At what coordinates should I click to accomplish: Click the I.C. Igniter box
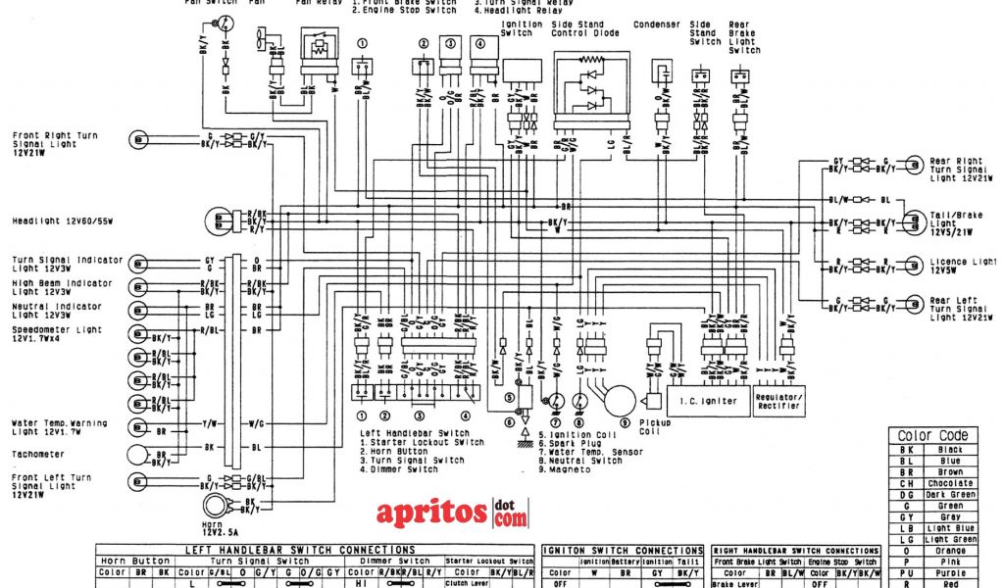pyautogui.click(x=708, y=400)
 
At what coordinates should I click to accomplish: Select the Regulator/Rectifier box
pyautogui.click(x=778, y=400)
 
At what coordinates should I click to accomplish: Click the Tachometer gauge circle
pyautogui.click(x=138, y=455)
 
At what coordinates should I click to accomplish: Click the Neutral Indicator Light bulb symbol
pyautogui.click(x=137, y=310)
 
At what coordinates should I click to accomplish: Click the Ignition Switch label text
pyautogui.click(x=517, y=27)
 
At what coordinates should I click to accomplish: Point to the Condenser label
pyautogui.click(x=656, y=24)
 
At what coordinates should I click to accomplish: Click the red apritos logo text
pyautogui.click(x=431, y=513)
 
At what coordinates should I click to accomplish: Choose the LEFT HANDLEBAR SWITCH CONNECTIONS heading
pyautogui.click(x=315, y=550)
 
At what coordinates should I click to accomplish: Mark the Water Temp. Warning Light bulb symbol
pyautogui.click(x=137, y=427)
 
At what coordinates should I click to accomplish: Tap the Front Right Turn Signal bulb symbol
pyautogui.click(x=138, y=139)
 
